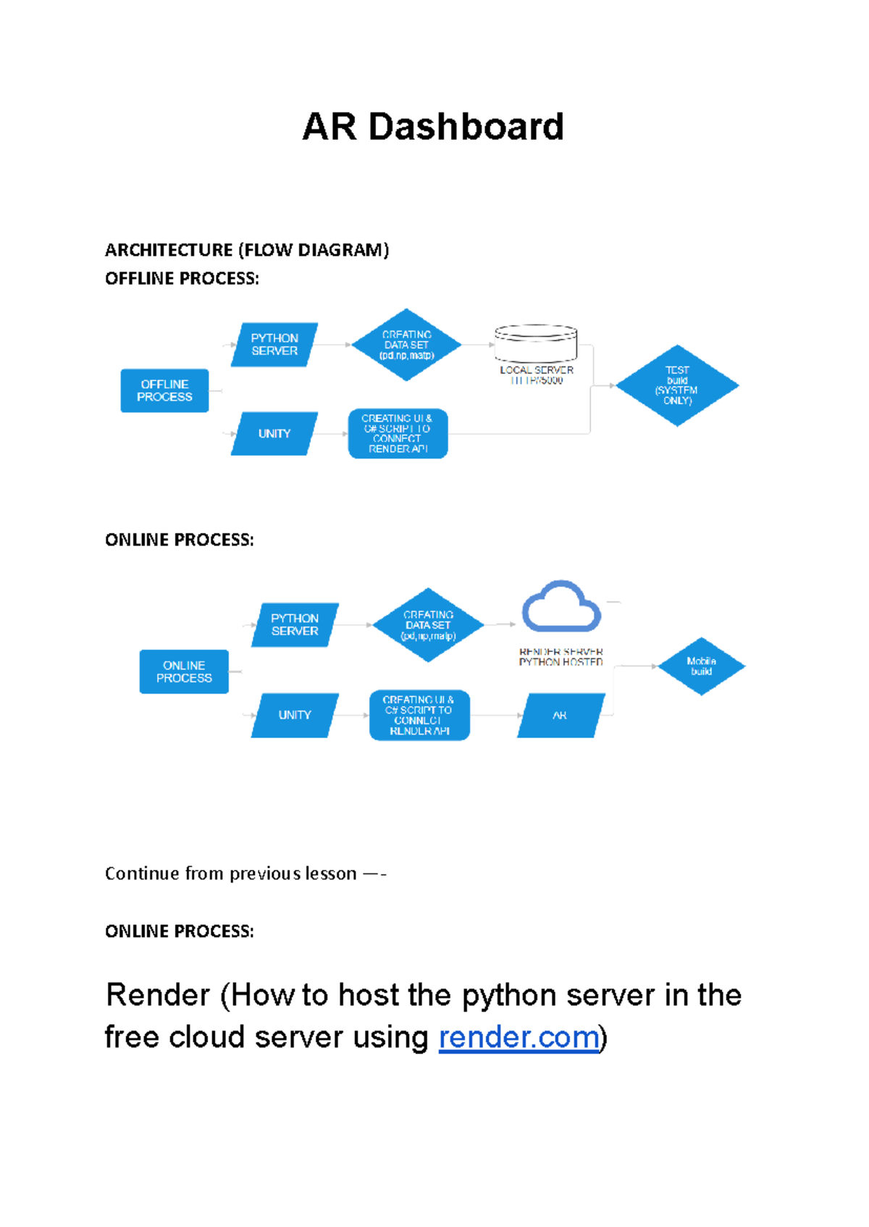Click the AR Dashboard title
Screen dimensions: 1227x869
pyautogui.click(x=433, y=127)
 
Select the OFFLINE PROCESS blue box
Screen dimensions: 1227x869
pyautogui.click(x=164, y=391)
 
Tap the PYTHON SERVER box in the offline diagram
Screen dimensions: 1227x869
pyautogui.click(x=274, y=345)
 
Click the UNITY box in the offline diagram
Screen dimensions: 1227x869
pyautogui.click(x=274, y=434)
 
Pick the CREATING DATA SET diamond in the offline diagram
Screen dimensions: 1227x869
pyautogui.click(x=406, y=346)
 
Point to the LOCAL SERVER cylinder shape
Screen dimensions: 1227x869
pyautogui.click(x=536, y=343)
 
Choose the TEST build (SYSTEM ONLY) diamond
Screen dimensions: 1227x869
pyautogui.click(x=677, y=385)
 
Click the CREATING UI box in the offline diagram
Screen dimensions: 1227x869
pyautogui.click(x=398, y=434)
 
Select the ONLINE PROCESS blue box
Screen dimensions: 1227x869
pyautogui.click(x=184, y=672)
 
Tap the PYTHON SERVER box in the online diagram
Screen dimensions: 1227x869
pyautogui.click(x=295, y=625)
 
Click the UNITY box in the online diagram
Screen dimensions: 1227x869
pyautogui.click(x=295, y=715)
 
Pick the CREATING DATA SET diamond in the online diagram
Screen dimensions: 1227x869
pyautogui.click(x=428, y=625)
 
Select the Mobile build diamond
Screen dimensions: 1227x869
pyautogui.click(x=701, y=666)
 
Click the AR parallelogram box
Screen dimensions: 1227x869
pyautogui.click(x=561, y=716)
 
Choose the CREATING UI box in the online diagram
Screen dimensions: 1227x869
pyautogui.click(x=419, y=716)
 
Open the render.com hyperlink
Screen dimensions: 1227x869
pyautogui.click(x=519, y=1037)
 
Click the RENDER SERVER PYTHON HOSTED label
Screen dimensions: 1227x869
pyautogui.click(x=561, y=657)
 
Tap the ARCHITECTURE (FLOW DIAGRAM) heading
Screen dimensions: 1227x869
pyautogui.click(x=247, y=251)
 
